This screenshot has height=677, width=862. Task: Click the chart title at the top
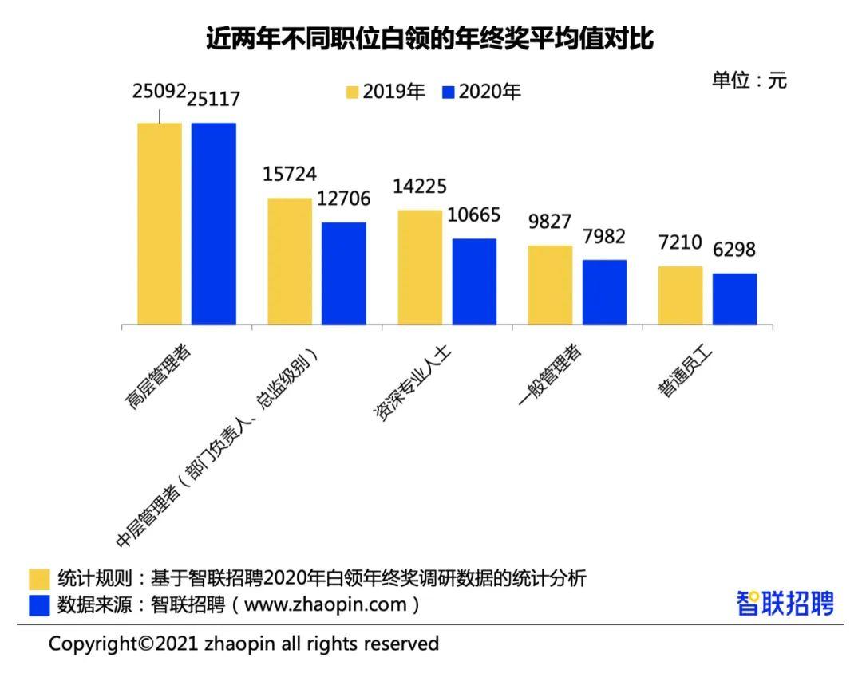(430, 37)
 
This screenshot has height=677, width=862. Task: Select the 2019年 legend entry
(386, 92)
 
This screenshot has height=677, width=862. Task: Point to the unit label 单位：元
(749, 81)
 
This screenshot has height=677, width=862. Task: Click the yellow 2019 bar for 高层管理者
(160, 224)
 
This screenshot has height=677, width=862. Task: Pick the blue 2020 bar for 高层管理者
(213, 224)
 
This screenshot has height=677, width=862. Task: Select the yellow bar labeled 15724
(290, 262)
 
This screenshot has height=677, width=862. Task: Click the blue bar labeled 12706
(344, 274)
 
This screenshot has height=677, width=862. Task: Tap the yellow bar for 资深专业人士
(420, 267)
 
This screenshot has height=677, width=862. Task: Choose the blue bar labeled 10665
(474, 281)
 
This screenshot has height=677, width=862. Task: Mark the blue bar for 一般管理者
(604, 292)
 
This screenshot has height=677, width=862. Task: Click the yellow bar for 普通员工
(680, 295)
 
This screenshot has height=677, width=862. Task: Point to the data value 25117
(213, 100)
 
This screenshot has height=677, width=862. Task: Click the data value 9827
(550, 222)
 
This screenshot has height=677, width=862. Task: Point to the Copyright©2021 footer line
(243, 644)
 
